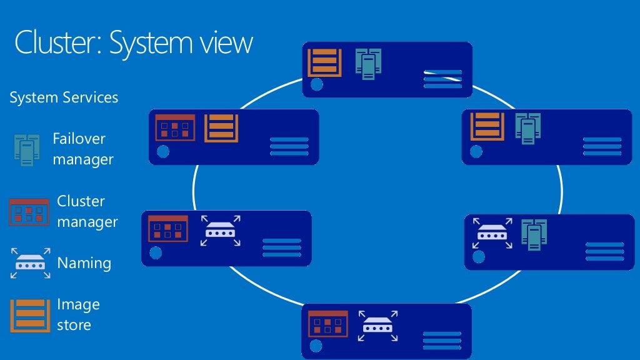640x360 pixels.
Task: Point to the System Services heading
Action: [x=64, y=97]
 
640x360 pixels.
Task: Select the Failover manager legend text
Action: [x=82, y=149]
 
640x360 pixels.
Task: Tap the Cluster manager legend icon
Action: [x=29, y=212]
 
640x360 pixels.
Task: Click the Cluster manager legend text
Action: [x=87, y=211]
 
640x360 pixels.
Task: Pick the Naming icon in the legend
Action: [x=29, y=263]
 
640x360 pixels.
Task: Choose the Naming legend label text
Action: [x=84, y=263]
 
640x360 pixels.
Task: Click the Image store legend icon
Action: [x=29, y=315]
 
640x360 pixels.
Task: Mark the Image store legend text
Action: [x=77, y=314]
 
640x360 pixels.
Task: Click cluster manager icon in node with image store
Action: [x=174, y=128]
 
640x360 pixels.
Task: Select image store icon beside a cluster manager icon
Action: [x=221, y=128]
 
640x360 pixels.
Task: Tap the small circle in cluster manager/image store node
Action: [x=163, y=151]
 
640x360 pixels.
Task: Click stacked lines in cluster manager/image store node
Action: [x=289, y=146]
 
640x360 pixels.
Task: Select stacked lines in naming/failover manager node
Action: [x=604, y=251]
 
